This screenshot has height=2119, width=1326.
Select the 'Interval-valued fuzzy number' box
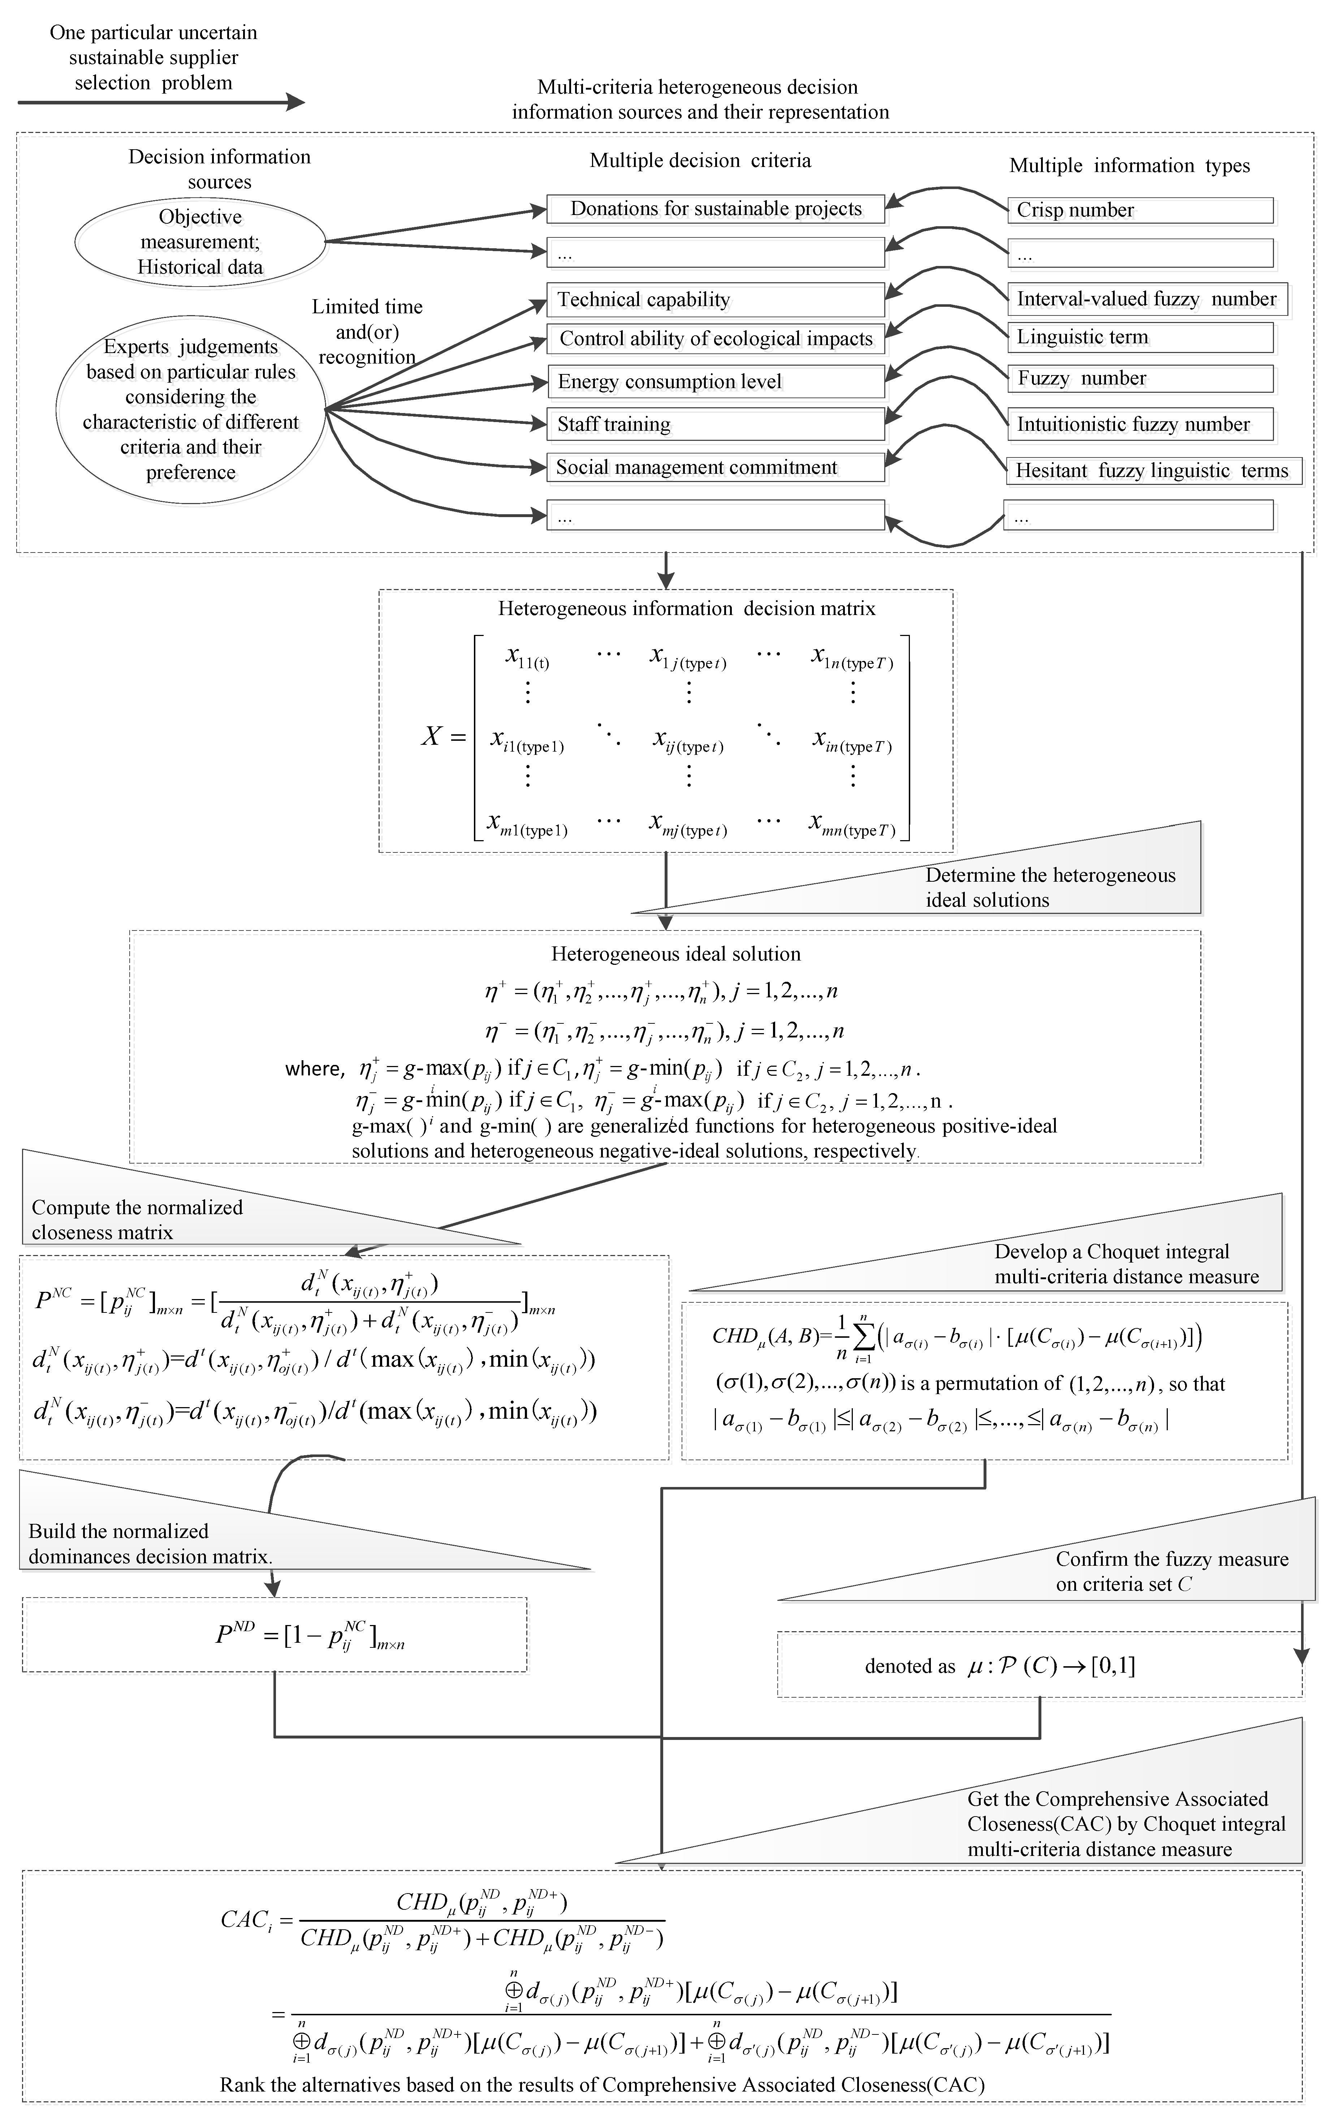pos(1146,299)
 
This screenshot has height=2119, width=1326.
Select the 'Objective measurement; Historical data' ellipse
pos(200,242)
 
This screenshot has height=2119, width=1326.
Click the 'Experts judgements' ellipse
pos(191,409)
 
